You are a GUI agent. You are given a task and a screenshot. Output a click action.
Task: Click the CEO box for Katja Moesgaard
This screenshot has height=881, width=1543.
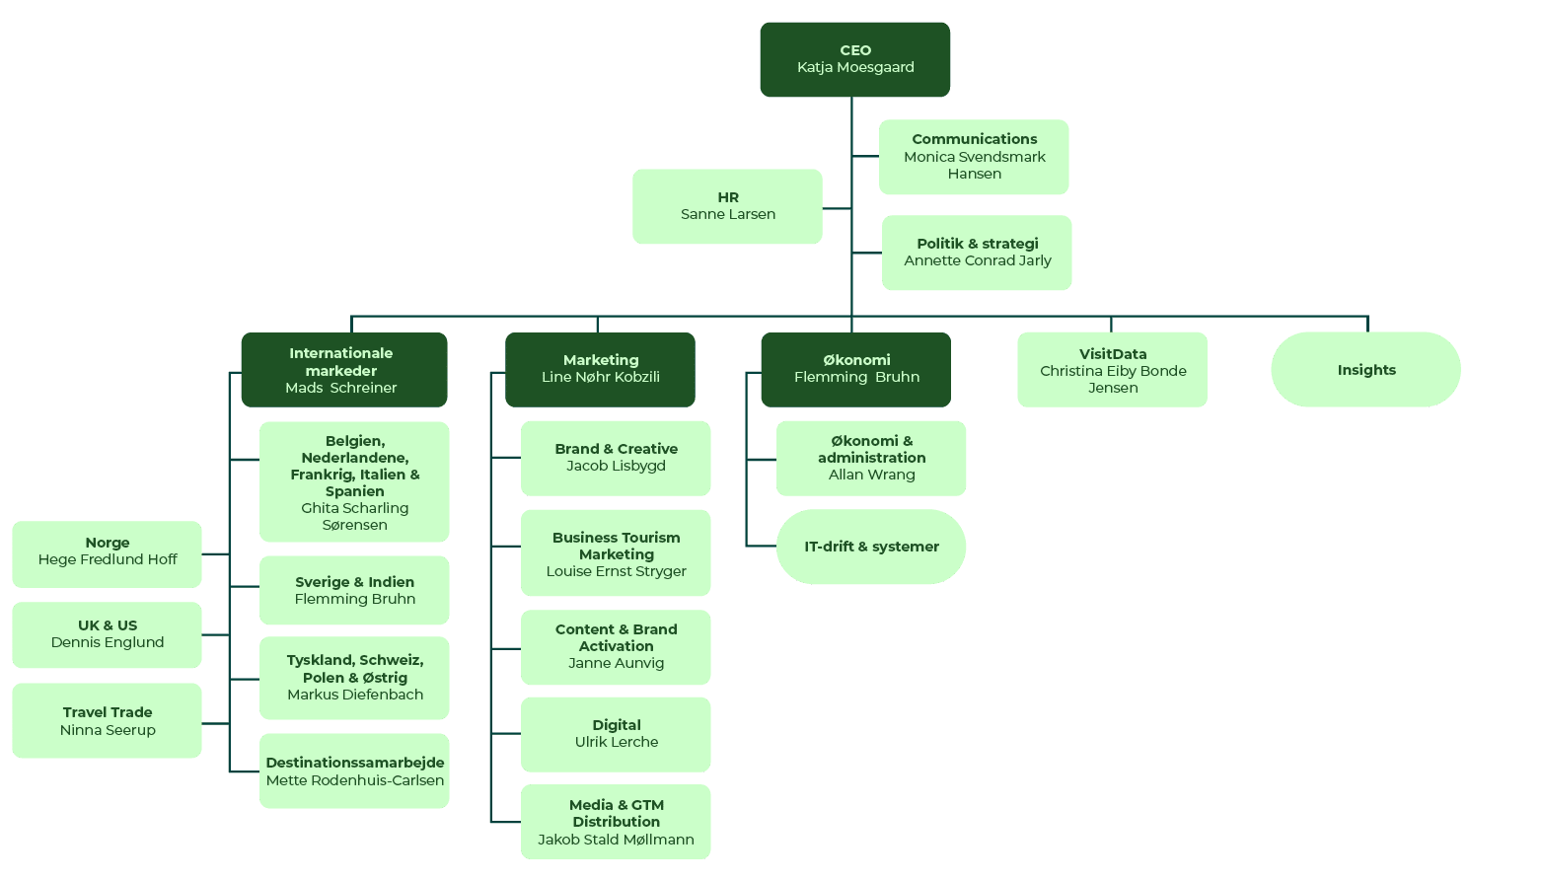[854, 59]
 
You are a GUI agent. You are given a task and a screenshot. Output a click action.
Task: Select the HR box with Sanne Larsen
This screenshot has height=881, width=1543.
[727, 206]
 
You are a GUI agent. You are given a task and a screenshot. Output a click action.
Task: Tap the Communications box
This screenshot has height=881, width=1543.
[974, 157]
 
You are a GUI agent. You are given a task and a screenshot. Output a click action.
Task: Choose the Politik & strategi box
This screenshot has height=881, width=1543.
[977, 253]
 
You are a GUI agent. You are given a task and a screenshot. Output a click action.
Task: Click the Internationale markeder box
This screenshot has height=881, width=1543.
[344, 370]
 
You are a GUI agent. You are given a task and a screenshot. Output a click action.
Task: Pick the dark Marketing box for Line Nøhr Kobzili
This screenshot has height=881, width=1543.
[600, 370]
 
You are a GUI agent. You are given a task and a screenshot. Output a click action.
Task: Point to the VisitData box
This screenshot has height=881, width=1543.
[1113, 370]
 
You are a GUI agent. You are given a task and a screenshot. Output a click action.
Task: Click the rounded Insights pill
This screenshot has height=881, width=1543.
[1366, 370]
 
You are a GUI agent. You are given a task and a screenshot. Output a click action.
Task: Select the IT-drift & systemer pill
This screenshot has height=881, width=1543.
[871, 547]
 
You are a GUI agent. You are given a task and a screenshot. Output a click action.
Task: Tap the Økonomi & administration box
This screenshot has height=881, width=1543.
[871, 458]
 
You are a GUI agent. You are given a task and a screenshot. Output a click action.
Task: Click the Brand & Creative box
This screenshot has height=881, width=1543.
[616, 458]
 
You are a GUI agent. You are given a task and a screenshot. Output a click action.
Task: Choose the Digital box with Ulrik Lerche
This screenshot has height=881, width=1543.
[616, 734]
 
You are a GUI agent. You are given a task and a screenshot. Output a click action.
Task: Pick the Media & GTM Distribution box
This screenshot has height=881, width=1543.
[616, 822]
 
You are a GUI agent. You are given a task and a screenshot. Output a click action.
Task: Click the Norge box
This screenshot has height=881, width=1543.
[107, 554]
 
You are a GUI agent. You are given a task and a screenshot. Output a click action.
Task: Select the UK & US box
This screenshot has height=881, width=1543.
[107, 635]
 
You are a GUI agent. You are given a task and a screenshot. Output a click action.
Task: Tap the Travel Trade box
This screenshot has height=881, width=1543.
[107, 720]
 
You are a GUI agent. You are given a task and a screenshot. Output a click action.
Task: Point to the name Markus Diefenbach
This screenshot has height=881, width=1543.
[355, 695]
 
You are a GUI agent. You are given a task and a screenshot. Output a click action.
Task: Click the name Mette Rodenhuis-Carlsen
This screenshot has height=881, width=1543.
[355, 780]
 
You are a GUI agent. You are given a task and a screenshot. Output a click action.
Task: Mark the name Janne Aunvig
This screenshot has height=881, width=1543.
[617, 663]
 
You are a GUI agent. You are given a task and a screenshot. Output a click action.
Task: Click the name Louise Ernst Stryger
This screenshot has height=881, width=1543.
[617, 572]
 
